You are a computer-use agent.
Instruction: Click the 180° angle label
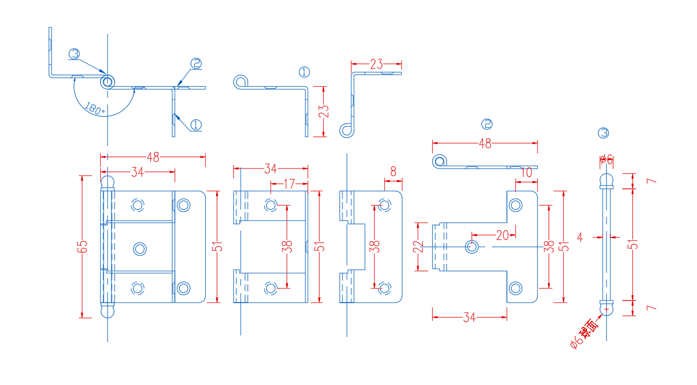coord(94,109)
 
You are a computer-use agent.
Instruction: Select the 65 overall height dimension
coord(82,246)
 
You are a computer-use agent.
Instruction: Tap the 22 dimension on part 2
coord(418,246)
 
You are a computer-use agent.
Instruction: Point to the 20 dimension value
coord(502,235)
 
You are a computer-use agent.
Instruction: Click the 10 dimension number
coord(526,173)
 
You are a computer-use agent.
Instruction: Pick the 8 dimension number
coord(393,172)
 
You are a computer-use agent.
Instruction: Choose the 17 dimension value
coord(288,184)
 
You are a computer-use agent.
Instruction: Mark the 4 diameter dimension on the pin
coord(580,237)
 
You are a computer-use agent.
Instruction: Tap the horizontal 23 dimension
coord(376,65)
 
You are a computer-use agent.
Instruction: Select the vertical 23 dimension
coord(324,111)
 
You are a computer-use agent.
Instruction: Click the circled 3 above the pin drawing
coord(603,133)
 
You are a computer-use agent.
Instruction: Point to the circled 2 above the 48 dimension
coord(487,124)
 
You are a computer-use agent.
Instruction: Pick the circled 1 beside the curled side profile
coord(304,72)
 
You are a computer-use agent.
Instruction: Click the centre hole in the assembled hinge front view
coord(139,248)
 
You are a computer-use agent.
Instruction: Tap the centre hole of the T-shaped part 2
coord(472,246)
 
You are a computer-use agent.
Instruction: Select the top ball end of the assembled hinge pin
coord(107,182)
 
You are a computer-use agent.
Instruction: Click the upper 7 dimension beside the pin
coord(651,181)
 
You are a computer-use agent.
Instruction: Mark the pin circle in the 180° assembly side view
coord(107,82)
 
